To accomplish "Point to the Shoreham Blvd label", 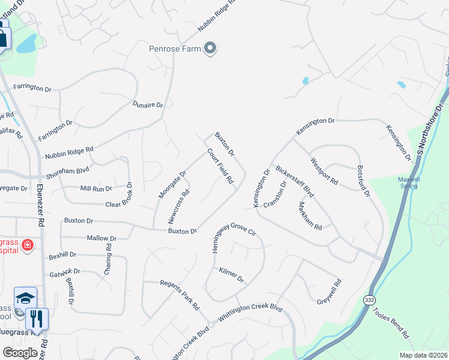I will [71, 173].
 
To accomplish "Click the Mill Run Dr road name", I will [97, 188].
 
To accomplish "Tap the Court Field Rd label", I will [220, 166].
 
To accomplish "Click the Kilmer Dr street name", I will [231, 275].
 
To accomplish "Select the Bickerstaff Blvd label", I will [295, 182].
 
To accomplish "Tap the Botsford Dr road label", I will [364, 182].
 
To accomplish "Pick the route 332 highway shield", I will [368, 299].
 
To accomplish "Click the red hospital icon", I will [27, 245].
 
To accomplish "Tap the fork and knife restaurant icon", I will [37, 319].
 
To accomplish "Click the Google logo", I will [20, 352].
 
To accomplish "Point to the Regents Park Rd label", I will [179, 295].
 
